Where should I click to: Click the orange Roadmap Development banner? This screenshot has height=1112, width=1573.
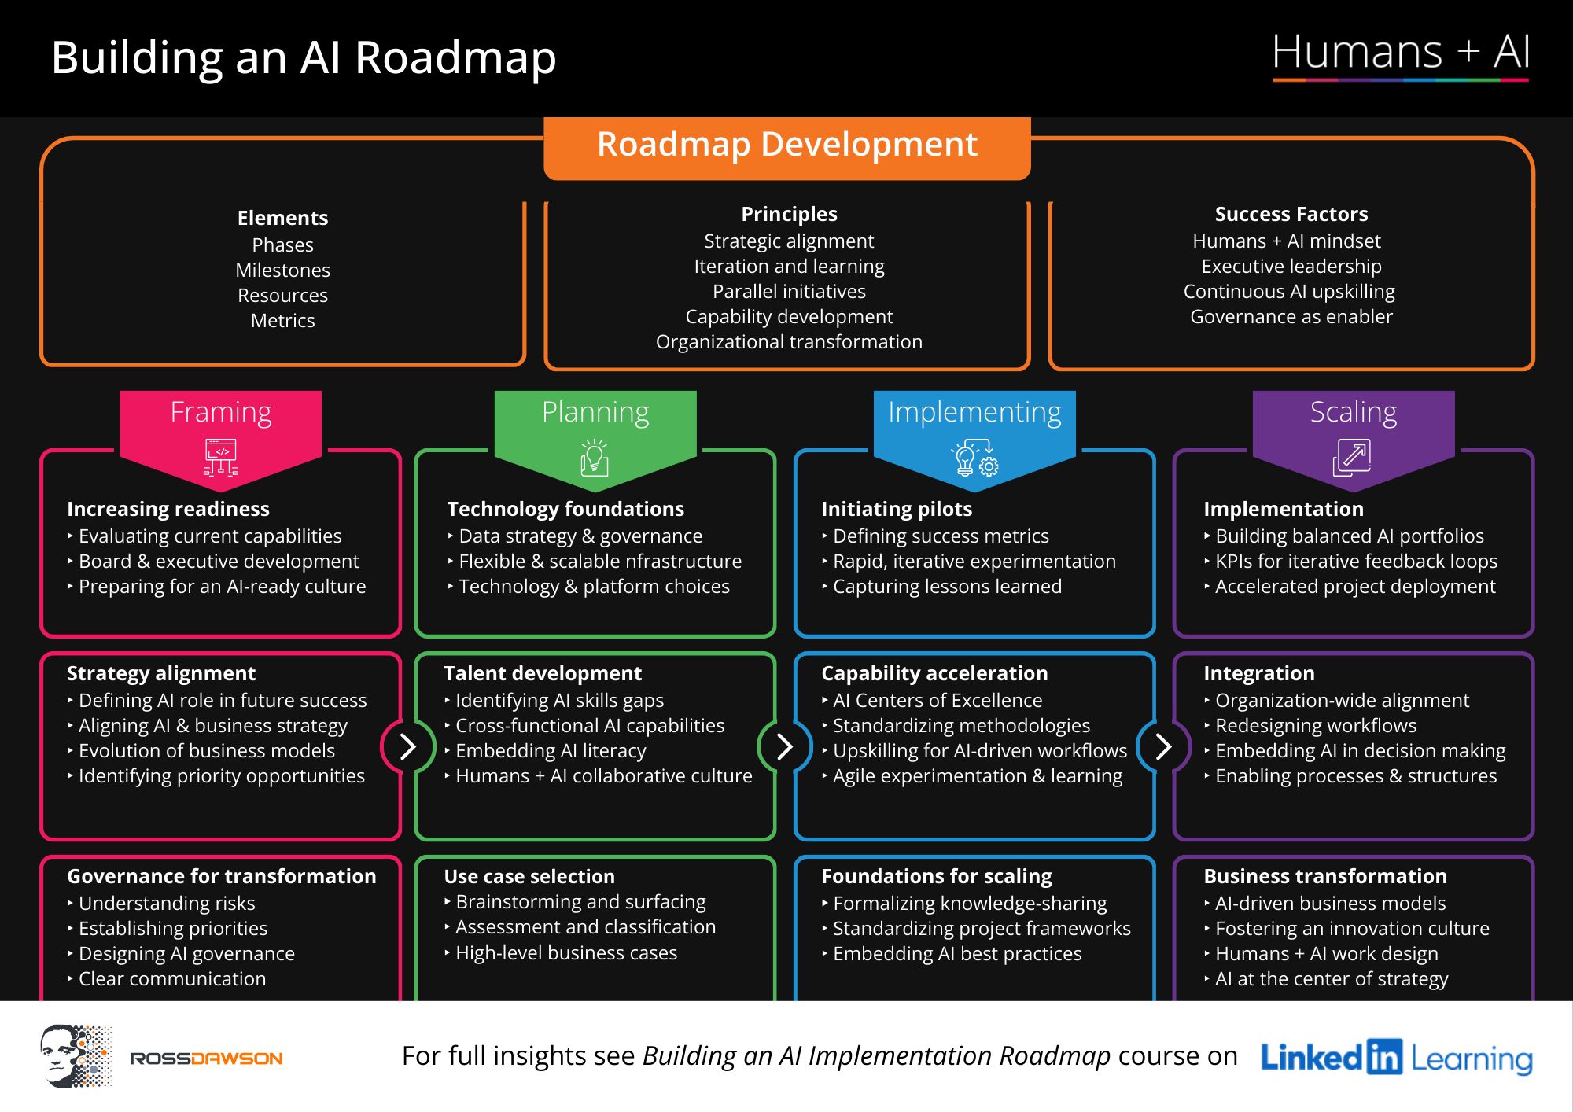pos(786,145)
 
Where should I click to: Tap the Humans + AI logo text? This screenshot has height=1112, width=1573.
pos(1400,53)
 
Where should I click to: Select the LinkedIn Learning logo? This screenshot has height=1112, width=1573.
pos(1396,1058)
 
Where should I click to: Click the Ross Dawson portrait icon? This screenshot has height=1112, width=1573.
pos(76,1056)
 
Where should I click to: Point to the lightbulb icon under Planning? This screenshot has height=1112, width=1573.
pos(595,458)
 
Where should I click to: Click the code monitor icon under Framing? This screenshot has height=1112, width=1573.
pos(221,457)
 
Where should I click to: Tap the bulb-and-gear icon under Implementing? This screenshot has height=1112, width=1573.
pos(974,458)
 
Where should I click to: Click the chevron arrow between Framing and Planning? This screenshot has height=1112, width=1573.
pos(407,746)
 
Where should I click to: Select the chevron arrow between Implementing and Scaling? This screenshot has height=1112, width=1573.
pos(1163,746)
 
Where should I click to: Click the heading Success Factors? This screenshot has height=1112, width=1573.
pos(1291,214)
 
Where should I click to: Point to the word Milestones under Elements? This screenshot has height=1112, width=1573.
pos(282,271)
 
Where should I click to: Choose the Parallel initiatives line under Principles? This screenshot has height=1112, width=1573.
pos(789,292)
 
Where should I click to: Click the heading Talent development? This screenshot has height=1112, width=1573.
pos(543,673)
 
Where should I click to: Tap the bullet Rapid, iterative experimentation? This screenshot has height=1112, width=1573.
pos(974,562)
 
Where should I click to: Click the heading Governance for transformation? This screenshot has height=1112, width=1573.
pos(221,876)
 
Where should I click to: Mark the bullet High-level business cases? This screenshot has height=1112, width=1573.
pos(565,953)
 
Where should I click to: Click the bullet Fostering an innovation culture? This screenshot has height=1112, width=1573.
pos(1352,929)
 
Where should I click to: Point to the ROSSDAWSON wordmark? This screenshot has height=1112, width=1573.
pos(206,1059)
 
